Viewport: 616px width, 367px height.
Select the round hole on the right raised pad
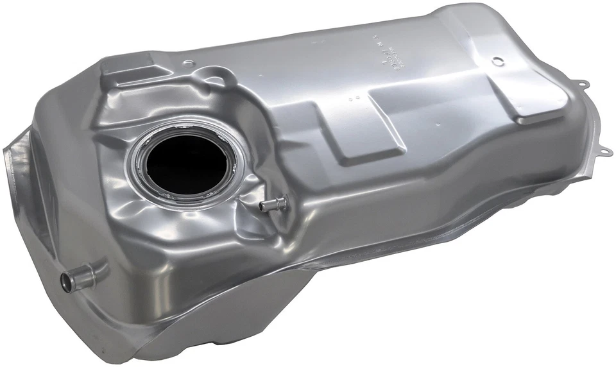tap(497, 62)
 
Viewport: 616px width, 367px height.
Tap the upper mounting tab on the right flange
tap(583, 83)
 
